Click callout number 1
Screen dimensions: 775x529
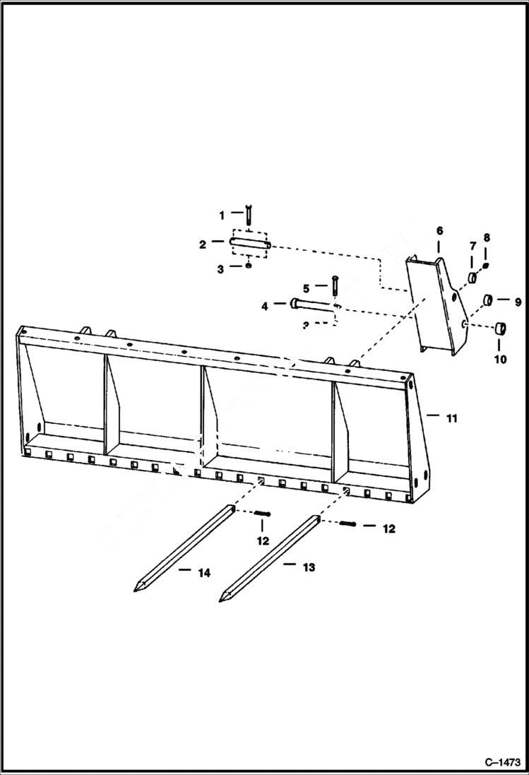221,214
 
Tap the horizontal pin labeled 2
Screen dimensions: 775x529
250,244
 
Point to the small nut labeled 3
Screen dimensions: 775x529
249,266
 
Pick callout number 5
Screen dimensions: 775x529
306,288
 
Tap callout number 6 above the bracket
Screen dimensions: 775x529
439,231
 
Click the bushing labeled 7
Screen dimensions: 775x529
471,276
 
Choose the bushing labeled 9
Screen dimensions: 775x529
488,302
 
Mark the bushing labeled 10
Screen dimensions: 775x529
501,328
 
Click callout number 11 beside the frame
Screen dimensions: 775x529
451,418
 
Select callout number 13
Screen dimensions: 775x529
309,567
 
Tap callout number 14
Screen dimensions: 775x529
203,573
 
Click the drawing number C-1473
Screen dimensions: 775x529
502,762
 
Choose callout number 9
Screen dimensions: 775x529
517,302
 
